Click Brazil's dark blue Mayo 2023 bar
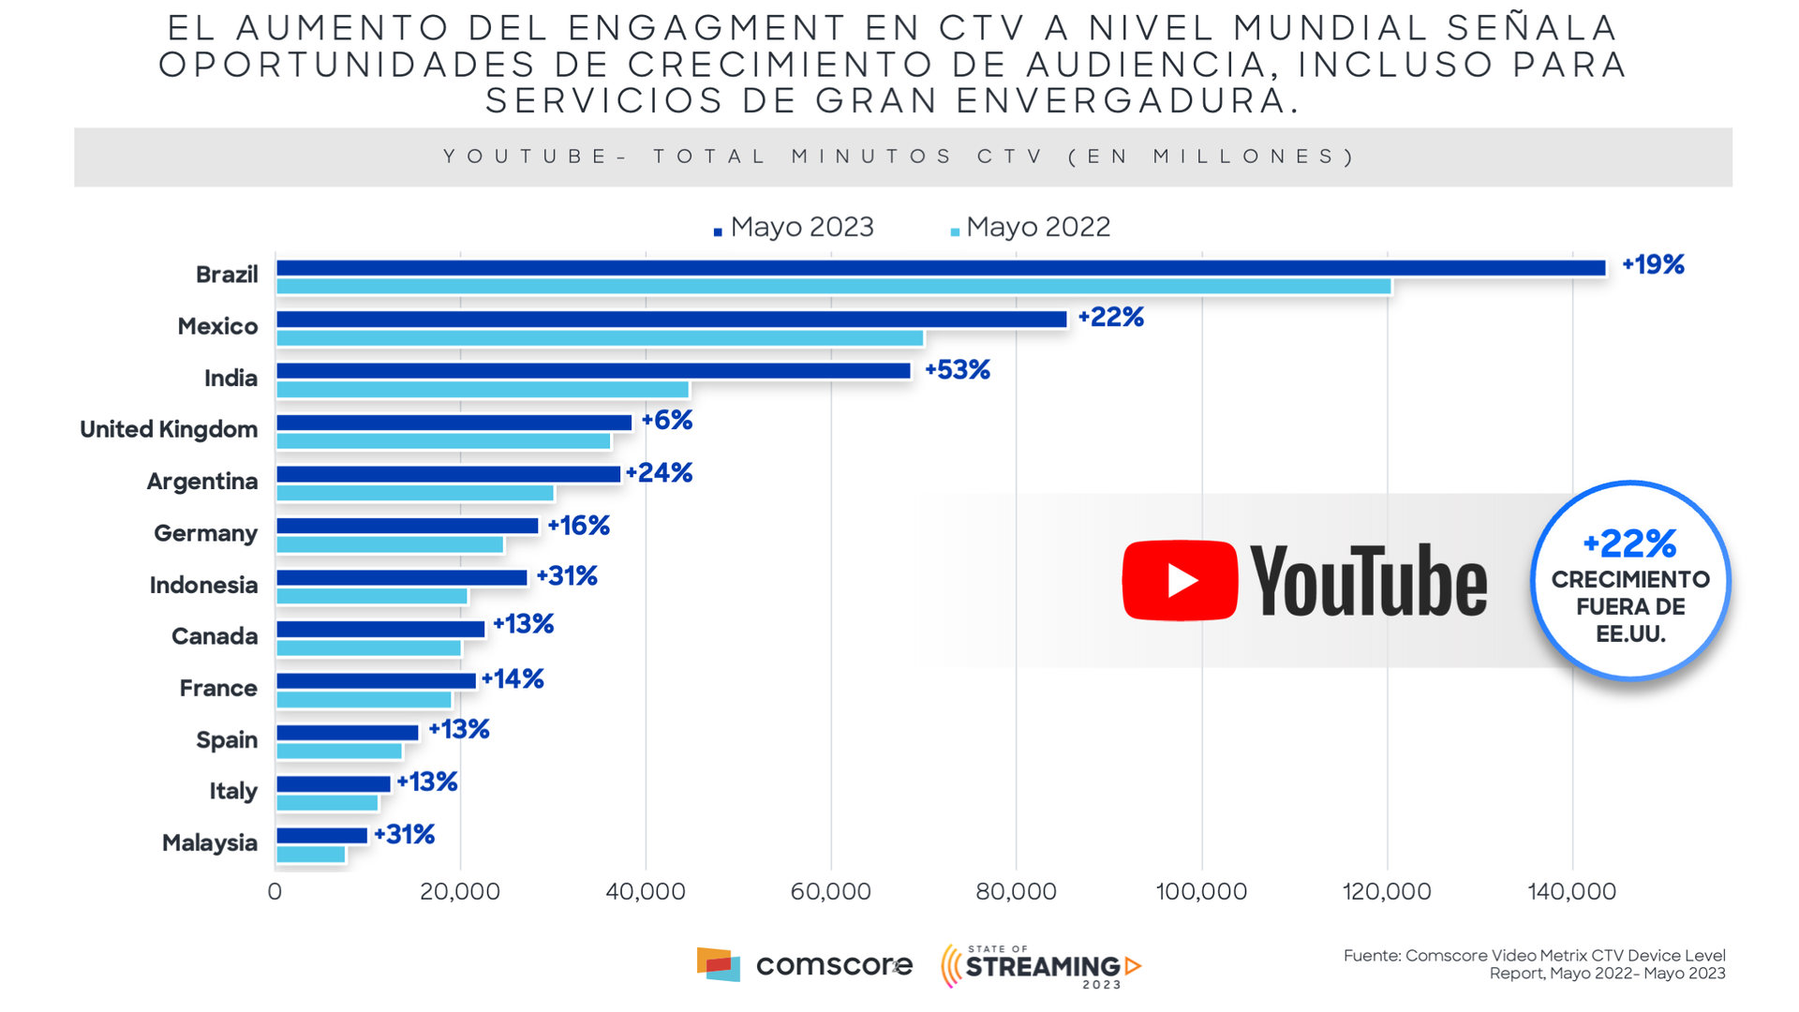coord(941,268)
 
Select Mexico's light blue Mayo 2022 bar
coord(600,338)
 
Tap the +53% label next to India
coord(958,370)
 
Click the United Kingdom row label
coord(169,430)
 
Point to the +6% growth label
coord(667,421)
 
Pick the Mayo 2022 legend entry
coord(1031,228)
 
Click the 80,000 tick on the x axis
coord(1016,891)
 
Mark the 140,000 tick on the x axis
coord(1571,891)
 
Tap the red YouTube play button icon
coord(1180,580)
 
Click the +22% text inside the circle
coord(1629,543)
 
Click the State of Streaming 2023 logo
coord(1041,966)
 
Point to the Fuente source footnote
coord(1534,964)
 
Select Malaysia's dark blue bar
coord(321,836)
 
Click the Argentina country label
coord(202,482)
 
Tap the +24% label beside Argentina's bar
coord(660,473)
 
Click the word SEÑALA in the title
coord(1532,29)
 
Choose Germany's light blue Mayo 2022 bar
coord(390,545)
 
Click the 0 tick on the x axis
coord(275,891)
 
